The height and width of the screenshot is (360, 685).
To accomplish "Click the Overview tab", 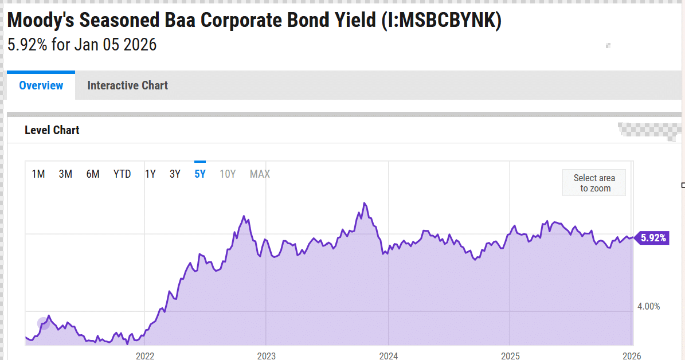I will [41, 86].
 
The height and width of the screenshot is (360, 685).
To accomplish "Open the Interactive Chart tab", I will [127, 86].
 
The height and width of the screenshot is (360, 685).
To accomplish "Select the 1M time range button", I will [38, 174].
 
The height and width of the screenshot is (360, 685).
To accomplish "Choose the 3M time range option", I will [65, 174].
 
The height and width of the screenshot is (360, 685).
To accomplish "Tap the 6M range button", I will [93, 174].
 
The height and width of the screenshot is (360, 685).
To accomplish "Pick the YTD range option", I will [122, 174].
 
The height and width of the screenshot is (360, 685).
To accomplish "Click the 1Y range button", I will [150, 174].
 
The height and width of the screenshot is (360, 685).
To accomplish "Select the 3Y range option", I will [175, 174].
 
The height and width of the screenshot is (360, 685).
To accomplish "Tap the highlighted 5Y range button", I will [200, 174].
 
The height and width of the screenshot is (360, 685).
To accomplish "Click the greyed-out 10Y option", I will [228, 174].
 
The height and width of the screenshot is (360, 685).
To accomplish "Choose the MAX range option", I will [260, 174].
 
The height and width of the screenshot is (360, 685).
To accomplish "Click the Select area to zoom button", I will [594, 183].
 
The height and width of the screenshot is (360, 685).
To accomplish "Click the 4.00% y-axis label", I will [648, 307].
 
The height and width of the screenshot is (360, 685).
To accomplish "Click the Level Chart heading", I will [52, 130].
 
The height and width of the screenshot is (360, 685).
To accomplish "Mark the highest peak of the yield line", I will [365, 203].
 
